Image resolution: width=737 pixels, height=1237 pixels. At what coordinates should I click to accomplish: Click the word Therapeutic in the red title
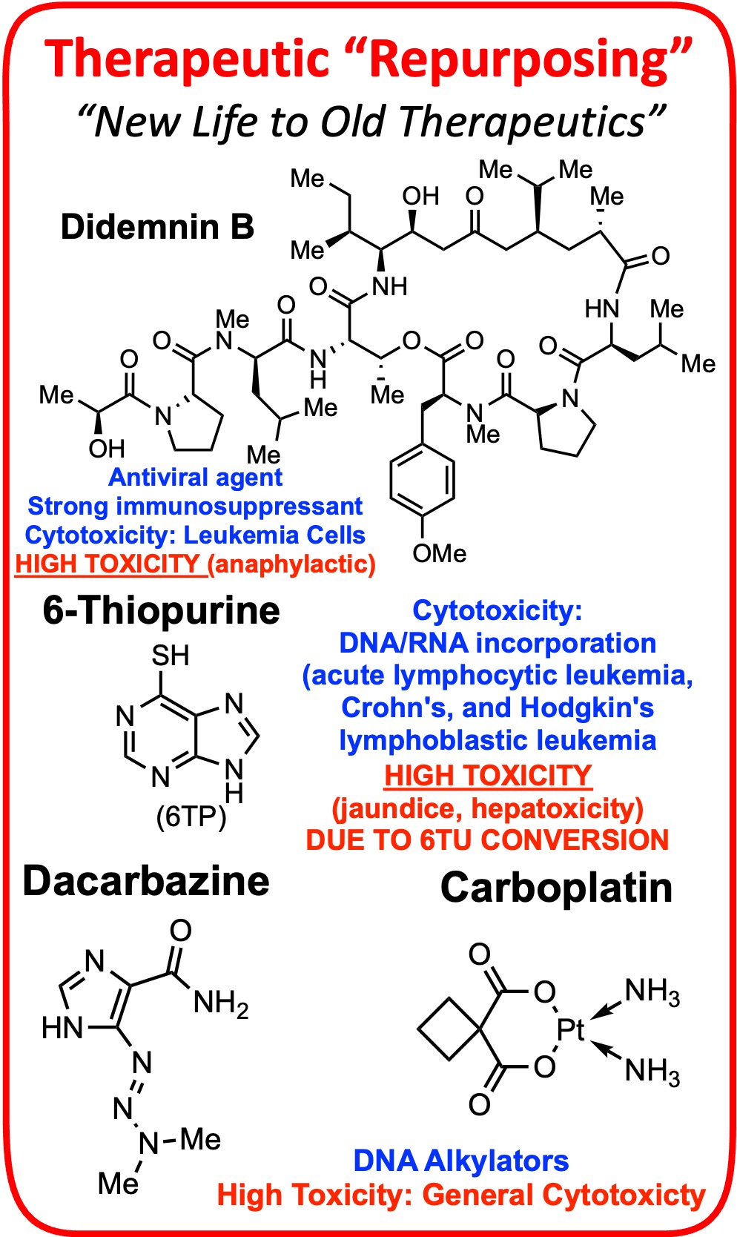pos(186,59)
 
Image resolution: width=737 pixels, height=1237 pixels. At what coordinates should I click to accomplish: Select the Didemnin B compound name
pos(157,227)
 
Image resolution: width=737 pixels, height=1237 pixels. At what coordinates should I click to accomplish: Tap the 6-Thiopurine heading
pos(161,611)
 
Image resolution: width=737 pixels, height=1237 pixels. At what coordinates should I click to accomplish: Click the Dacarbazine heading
pos(146,881)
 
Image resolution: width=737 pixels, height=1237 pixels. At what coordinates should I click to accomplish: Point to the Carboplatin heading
pos(556,888)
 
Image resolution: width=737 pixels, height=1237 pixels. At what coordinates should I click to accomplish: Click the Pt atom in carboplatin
pos(571,1029)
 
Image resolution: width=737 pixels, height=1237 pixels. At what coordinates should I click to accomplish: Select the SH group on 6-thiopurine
pos(171,656)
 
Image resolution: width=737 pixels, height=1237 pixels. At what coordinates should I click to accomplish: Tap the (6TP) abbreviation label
pos(191,817)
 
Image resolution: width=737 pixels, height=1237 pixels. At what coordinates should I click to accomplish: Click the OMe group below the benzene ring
pos(439,553)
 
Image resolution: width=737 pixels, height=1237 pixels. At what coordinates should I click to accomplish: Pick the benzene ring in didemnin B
pos(422,480)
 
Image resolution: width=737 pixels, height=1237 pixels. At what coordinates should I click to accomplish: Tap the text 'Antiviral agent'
pos(196,477)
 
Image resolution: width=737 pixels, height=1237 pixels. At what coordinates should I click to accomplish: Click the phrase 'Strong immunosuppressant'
pos(195,506)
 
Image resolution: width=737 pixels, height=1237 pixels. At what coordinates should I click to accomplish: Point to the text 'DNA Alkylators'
pos(460,1161)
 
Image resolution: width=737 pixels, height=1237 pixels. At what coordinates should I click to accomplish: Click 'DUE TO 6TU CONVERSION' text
pos(487,839)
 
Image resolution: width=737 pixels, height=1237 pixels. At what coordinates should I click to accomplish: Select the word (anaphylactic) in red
pos(291,564)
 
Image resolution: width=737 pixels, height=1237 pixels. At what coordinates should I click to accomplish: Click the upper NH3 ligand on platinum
pos(652,992)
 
